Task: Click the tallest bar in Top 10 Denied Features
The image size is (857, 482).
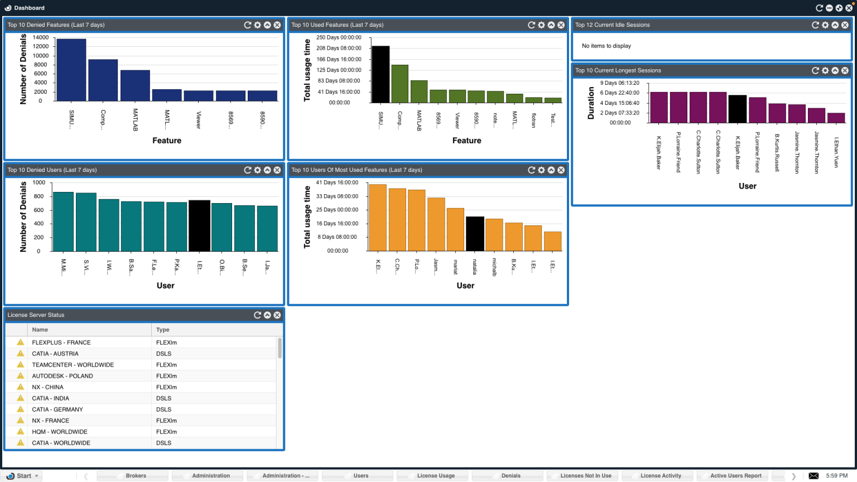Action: coord(71,70)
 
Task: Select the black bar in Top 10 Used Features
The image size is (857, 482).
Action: coord(381,74)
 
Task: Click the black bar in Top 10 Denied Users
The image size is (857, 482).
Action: coord(199,226)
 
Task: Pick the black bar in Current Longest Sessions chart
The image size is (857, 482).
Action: coord(737,109)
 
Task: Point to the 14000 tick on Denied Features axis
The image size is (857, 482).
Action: coord(41,37)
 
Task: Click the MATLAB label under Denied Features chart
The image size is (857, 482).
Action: coord(135,120)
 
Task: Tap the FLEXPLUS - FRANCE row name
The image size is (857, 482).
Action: coord(61,343)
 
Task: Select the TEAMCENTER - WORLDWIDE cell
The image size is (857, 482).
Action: coord(73,365)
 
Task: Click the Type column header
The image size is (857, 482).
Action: coord(163,330)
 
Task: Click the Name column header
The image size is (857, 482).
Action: coord(40,330)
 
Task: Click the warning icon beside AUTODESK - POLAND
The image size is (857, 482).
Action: coord(21,375)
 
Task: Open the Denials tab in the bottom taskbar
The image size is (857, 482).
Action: coord(511,476)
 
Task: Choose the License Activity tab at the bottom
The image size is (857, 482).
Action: coord(661,476)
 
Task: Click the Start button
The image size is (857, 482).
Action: coord(22,476)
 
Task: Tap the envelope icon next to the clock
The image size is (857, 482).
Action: coord(813,476)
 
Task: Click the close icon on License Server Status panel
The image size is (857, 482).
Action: coord(277,315)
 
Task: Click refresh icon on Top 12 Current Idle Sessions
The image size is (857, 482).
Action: coord(815,25)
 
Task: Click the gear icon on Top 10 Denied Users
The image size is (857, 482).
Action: coord(257,170)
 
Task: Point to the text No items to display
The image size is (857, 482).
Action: coord(606,46)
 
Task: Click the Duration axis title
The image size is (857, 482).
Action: coord(591,103)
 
